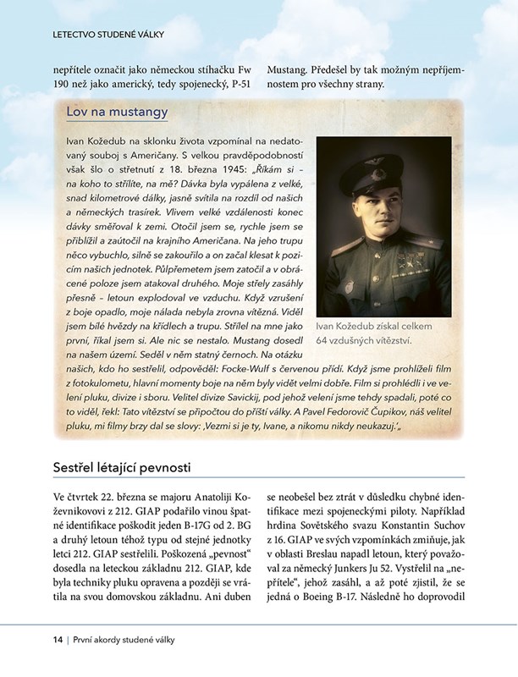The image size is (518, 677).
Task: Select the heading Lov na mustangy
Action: point(116,112)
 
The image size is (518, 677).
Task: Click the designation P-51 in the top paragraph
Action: point(241,84)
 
